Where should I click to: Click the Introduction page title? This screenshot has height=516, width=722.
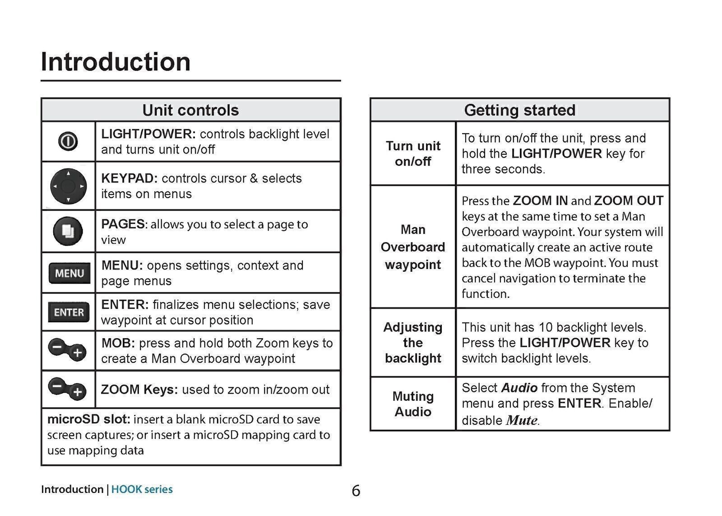pos(116,61)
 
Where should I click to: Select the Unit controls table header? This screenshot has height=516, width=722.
pos(191,110)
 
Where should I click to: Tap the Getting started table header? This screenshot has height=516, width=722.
pos(519,110)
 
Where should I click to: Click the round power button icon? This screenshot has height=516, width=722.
pos(68,141)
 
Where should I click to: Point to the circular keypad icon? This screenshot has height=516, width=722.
pos(68,186)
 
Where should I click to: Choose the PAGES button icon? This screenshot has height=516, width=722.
pos(68,231)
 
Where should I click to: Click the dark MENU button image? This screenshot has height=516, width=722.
pos(69,273)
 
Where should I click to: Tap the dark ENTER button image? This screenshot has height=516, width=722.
pos(69,312)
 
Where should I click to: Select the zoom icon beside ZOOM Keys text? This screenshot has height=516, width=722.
pos(67,389)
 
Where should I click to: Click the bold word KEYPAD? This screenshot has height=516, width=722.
pos(130,178)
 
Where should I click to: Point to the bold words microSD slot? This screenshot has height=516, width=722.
pos(89,419)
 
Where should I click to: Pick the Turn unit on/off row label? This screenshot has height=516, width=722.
pos(413,153)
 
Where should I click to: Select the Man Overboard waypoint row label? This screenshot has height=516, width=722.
pos(413,247)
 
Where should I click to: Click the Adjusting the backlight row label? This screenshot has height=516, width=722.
pos(413,343)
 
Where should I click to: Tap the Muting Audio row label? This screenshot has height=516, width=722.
pos(413,404)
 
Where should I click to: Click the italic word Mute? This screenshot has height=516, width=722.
pos(522,420)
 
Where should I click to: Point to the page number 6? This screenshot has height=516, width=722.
pos(356,491)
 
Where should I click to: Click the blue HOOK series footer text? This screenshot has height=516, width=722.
pos(142,489)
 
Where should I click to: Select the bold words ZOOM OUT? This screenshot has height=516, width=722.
pos(629,200)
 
